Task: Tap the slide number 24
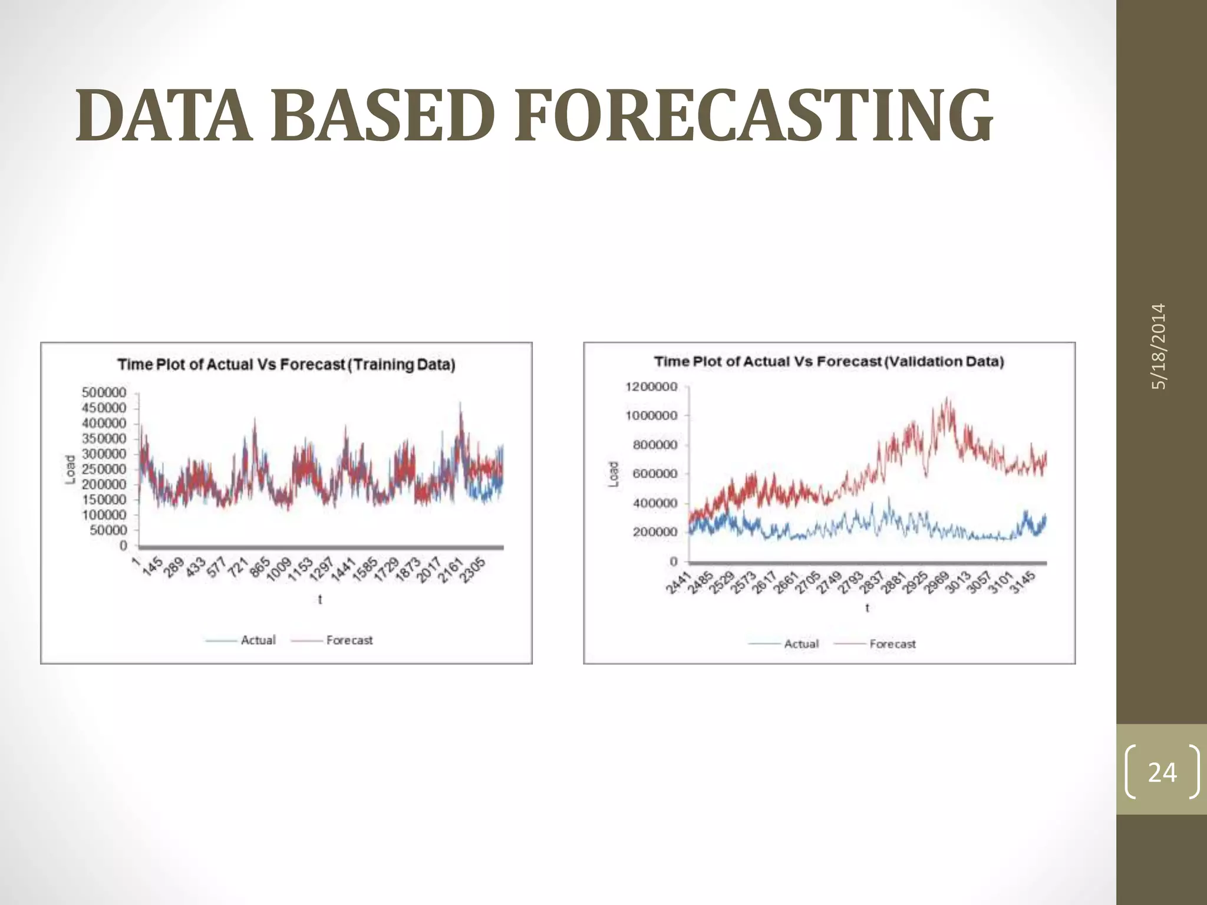coord(1162,772)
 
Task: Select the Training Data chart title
coord(286,364)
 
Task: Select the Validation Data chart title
coord(829,361)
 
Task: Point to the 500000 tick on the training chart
coord(104,392)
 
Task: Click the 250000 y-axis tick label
coord(104,469)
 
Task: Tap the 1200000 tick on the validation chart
coord(651,387)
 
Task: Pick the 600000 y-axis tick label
coord(655,474)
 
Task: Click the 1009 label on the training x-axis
coord(278,570)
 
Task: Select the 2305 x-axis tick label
coord(473,570)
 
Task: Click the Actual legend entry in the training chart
coord(258,640)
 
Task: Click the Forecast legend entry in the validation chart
coord(892,644)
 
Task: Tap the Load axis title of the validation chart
coord(614,474)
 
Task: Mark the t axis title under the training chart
coord(320,600)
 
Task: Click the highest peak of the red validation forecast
coord(947,398)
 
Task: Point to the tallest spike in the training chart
coord(460,404)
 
